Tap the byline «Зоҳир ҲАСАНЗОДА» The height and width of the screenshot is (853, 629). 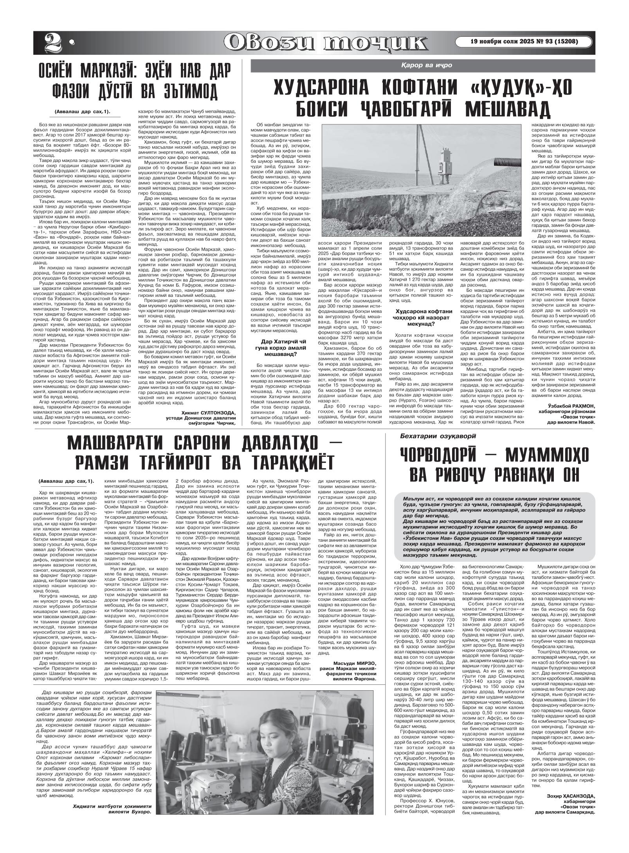point(570,826)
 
